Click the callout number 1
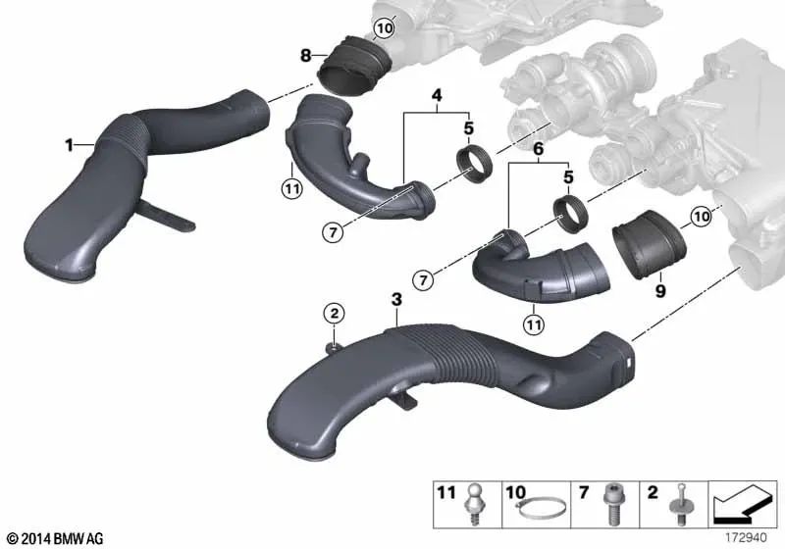point(70,146)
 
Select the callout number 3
point(395,297)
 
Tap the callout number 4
point(437,96)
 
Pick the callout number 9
point(660,290)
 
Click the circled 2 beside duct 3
point(335,314)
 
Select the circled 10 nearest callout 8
point(383,29)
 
